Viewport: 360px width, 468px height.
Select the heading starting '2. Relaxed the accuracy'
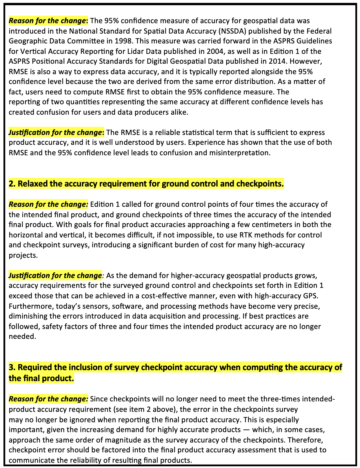pyautogui.click(x=146, y=184)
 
